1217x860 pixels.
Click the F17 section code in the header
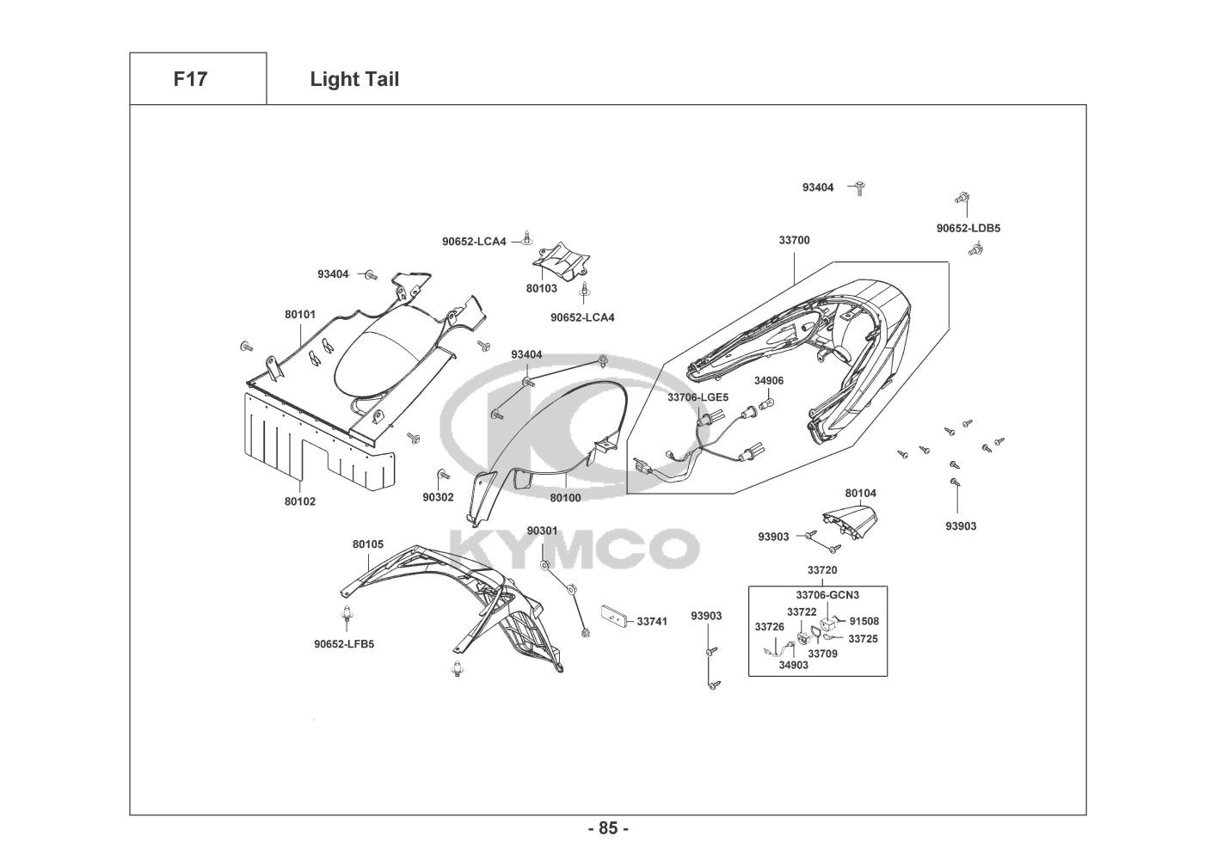(190, 79)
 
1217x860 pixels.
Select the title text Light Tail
(354, 79)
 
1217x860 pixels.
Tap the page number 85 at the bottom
(608, 828)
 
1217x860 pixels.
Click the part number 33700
(794, 241)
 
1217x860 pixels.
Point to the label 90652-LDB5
(968, 229)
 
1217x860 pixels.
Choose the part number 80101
(300, 315)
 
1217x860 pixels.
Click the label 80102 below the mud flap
(300, 501)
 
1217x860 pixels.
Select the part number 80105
(367, 544)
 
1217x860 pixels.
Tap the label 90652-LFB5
(344, 643)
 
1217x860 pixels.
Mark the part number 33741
(652, 621)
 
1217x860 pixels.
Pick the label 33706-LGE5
(698, 397)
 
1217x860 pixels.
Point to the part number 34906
(769, 380)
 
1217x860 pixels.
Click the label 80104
(860, 494)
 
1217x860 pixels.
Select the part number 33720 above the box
(822, 570)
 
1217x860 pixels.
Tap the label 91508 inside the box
(864, 621)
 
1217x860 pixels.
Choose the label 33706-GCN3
(827, 594)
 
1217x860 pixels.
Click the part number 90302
(438, 497)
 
